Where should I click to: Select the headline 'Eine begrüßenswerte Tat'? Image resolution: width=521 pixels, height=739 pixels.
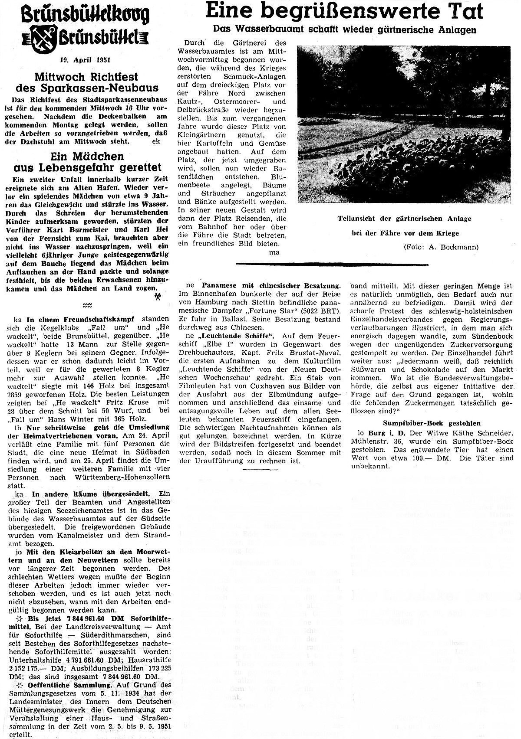[344, 11]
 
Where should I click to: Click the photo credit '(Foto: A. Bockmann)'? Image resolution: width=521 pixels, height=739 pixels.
[441, 247]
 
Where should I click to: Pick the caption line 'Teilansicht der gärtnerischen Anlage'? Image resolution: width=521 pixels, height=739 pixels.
[404, 219]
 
